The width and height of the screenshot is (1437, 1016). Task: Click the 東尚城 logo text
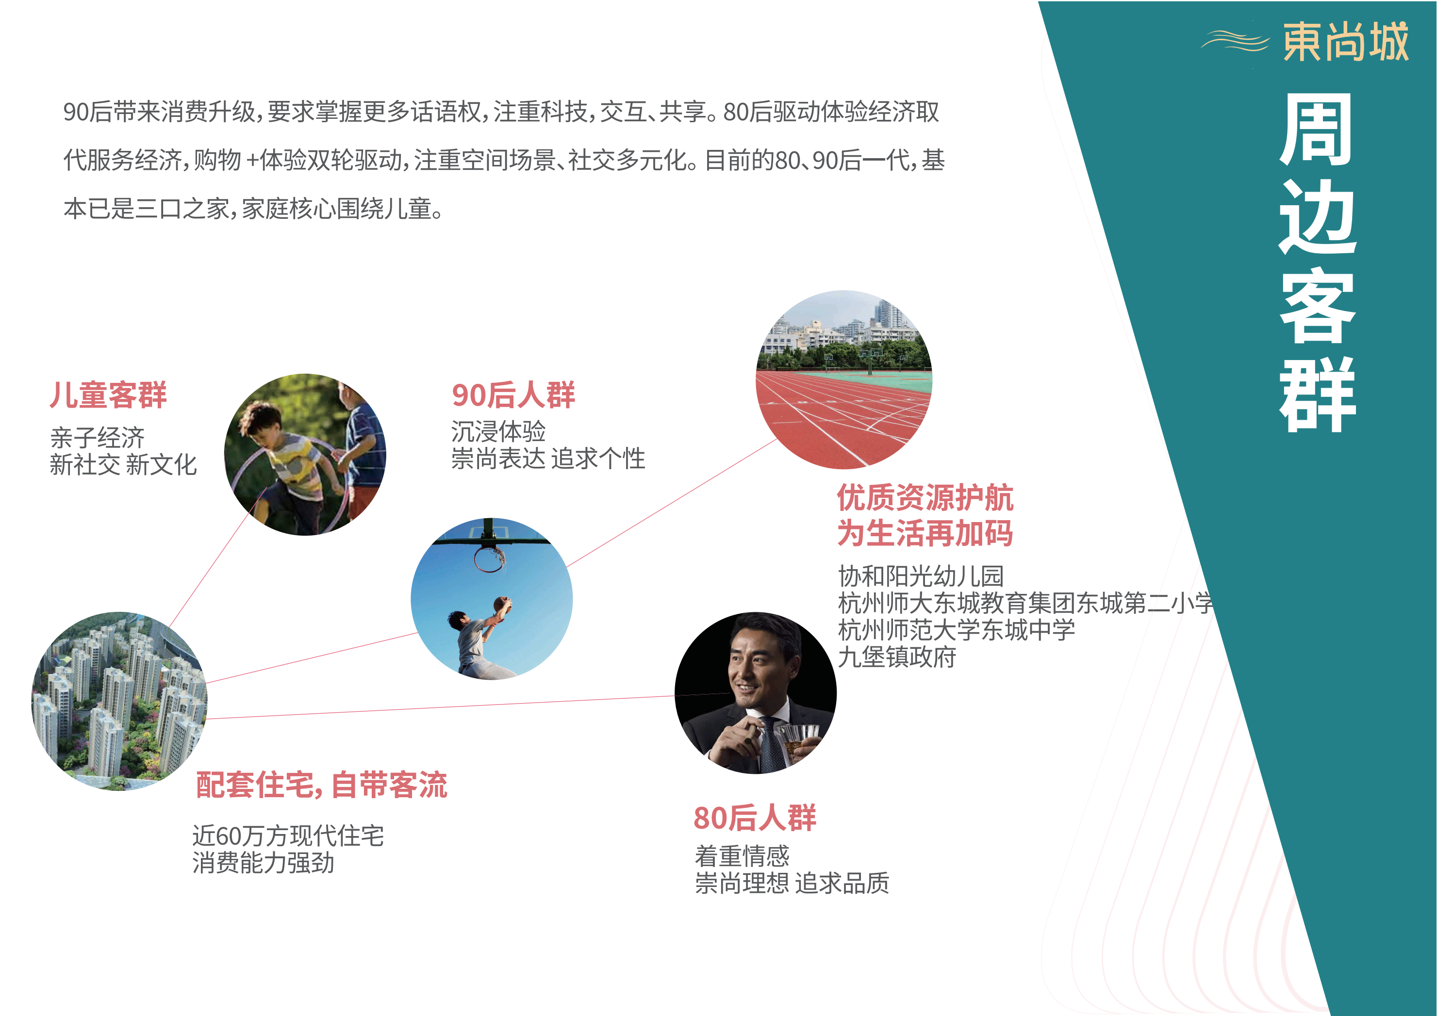1346,42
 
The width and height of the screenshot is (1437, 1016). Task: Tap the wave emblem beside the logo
1235,41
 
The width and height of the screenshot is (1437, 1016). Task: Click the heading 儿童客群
108,395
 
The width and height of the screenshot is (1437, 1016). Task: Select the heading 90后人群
513,395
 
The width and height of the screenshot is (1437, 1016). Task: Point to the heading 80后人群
755,818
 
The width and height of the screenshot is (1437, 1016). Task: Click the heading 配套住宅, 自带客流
322,785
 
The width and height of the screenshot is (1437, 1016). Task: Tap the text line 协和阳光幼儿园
921,575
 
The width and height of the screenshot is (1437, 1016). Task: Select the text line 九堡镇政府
897,657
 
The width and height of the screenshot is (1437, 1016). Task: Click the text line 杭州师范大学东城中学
957,630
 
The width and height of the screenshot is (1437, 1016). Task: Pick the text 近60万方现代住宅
288,836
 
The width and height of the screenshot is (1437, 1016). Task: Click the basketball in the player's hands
502,605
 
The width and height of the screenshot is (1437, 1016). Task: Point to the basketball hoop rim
489,559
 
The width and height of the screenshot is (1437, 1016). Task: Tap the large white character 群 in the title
1318,395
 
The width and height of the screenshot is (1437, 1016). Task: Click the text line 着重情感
743,856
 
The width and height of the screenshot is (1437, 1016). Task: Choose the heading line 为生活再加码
925,534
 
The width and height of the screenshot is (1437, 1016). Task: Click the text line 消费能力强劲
263,863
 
